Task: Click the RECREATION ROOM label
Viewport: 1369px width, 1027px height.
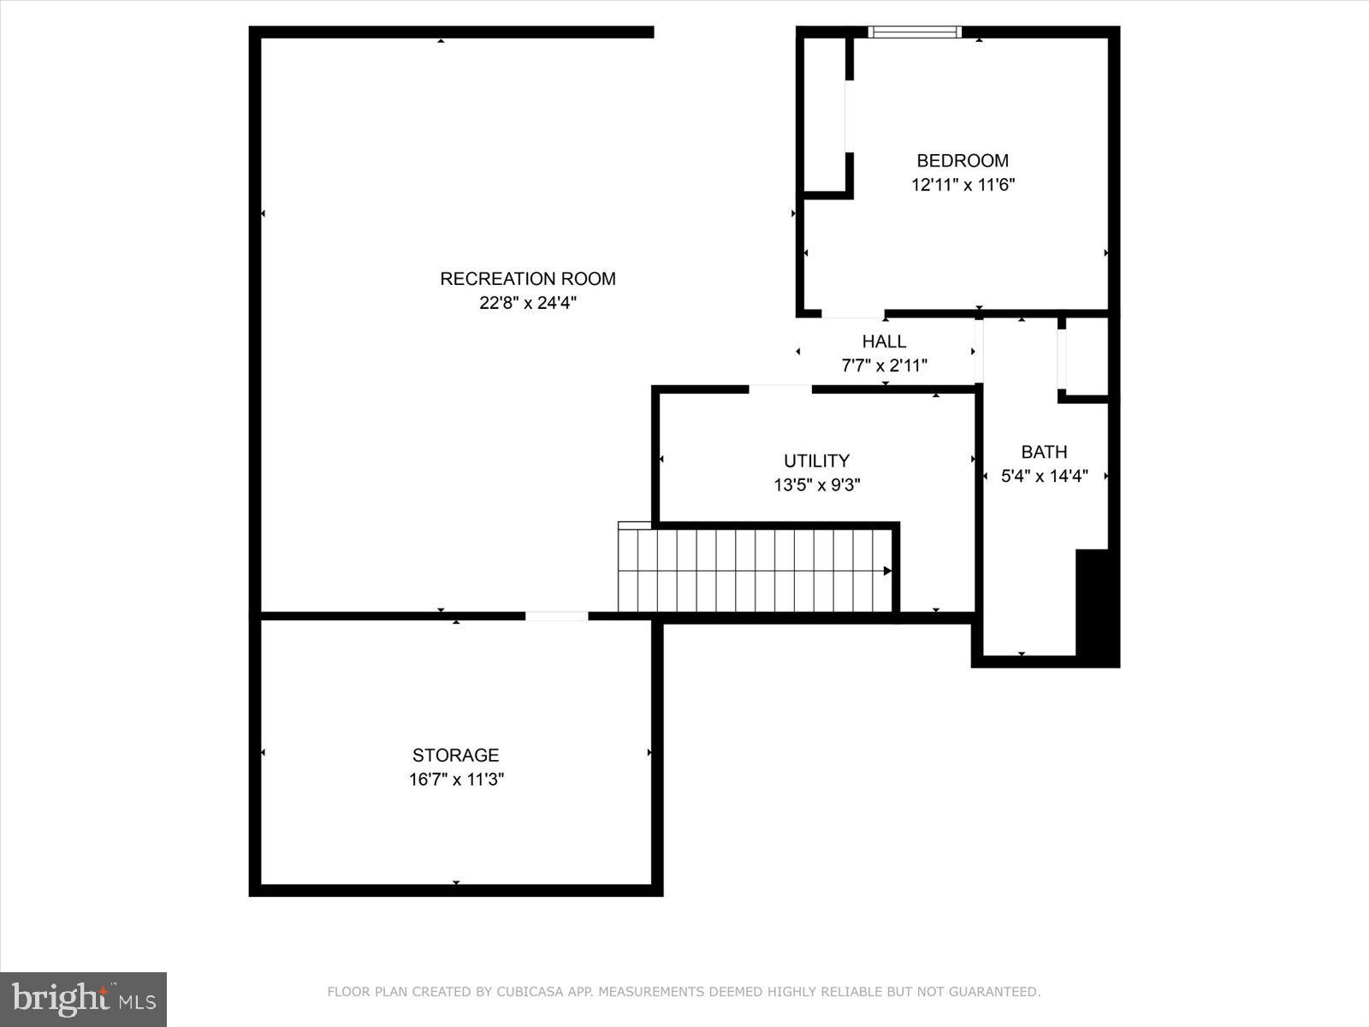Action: click(x=527, y=278)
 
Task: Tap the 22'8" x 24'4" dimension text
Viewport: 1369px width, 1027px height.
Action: click(x=527, y=303)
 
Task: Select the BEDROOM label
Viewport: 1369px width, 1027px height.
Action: click(x=963, y=160)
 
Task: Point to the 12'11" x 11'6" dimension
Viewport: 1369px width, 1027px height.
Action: click(x=963, y=185)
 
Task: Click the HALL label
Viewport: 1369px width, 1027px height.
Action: click(x=884, y=341)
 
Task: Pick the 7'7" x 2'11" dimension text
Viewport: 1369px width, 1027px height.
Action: click(x=884, y=366)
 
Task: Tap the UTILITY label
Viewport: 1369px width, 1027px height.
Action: click(x=816, y=460)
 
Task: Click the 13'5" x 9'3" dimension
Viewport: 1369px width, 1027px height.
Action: click(x=816, y=485)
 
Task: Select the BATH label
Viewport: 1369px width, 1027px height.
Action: click(x=1044, y=452)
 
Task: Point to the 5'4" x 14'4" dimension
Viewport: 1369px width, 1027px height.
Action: click(x=1044, y=477)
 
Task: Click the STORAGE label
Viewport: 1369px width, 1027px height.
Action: click(x=455, y=755)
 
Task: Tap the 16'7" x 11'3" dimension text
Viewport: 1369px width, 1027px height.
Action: click(x=455, y=780)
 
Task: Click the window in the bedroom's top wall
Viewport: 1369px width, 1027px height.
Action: click(x=915, y=33)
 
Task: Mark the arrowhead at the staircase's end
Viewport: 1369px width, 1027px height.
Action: click(x=887, y=571)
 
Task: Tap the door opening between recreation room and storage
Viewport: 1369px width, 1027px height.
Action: click(x=556, y=616)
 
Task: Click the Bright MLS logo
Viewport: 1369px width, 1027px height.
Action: click(x=83, y=999)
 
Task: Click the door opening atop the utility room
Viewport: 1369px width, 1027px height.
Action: click(x=780, y=389)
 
